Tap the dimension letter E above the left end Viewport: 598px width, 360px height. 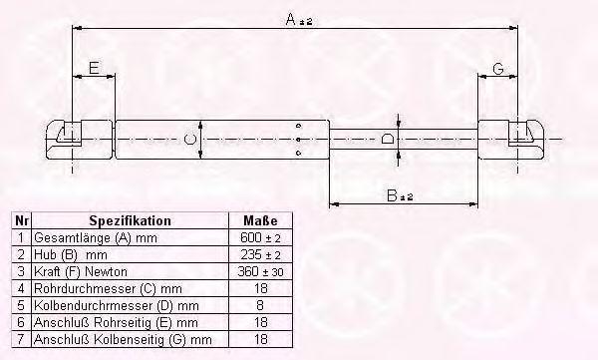(x=94, y=68)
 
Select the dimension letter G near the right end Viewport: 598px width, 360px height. (x=498, y=69)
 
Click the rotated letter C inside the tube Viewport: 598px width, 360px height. (x=190, y=139)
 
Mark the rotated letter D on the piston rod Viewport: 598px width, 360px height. (x=388, y=139)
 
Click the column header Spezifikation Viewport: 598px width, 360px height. (x=130, y=220)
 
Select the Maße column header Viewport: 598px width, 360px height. (x=260, y=220)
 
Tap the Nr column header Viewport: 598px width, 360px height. (x=21, y=220)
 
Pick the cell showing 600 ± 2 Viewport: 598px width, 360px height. (x=260, y=237)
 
